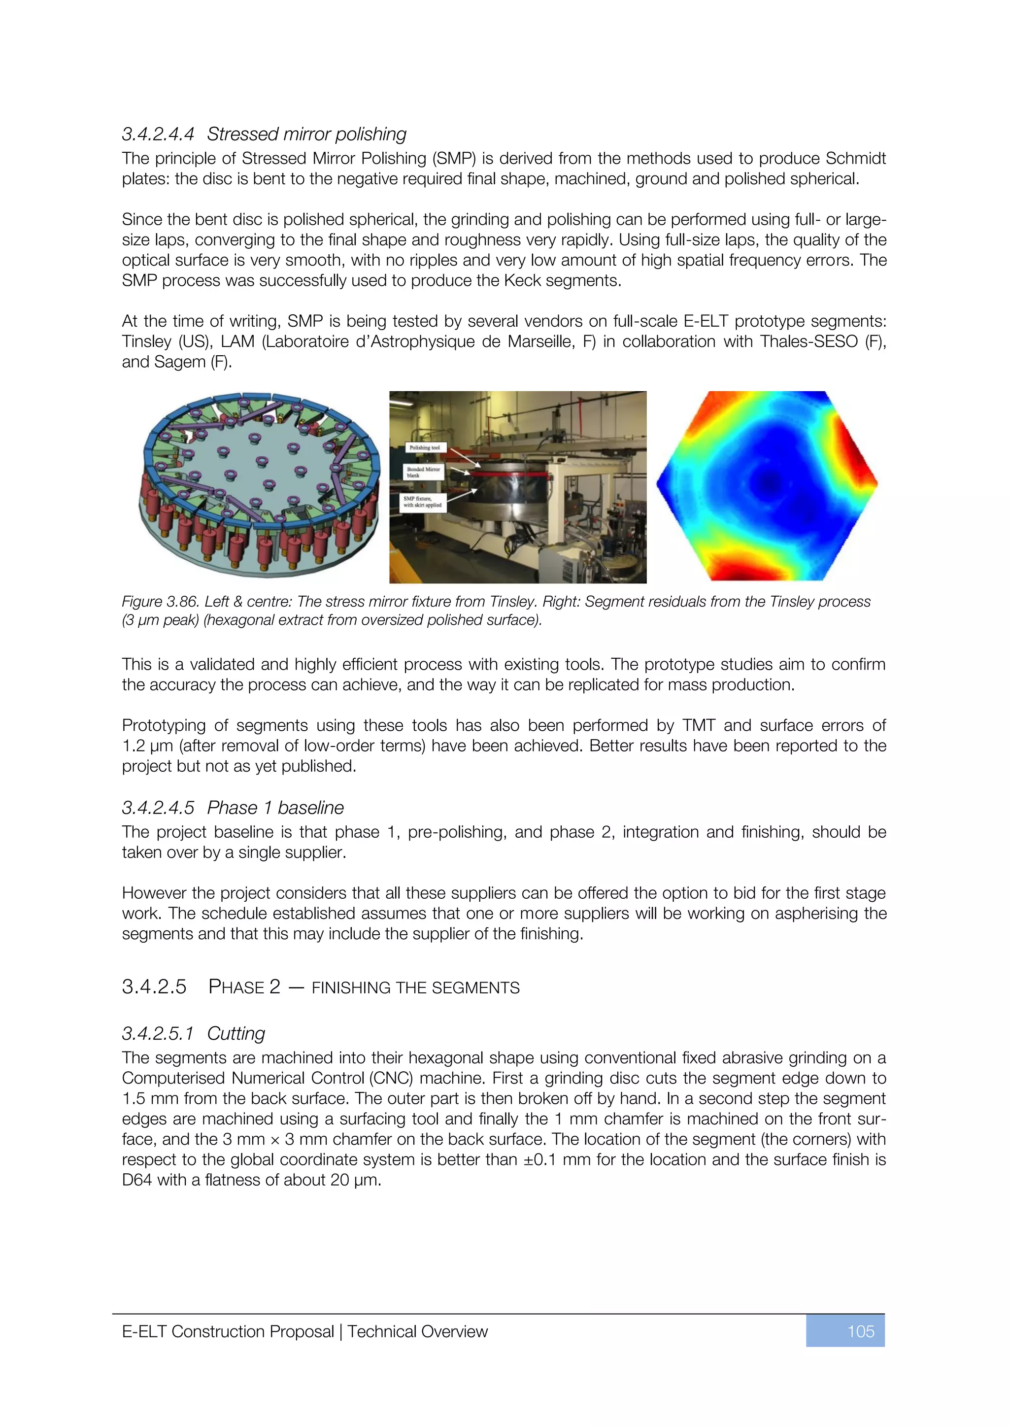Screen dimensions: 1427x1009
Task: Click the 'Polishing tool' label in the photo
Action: point(424,447)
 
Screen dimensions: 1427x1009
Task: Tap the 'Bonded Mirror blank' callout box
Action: point(423,472)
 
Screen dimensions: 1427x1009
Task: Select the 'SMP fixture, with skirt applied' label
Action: point(423,502)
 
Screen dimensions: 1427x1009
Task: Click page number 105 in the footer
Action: point(861,1331)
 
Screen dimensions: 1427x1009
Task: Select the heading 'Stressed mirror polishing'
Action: point(306,134)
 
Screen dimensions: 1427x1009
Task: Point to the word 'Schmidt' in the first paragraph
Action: point(856,159)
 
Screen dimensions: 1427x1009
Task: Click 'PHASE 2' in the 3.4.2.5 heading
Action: point(244,987)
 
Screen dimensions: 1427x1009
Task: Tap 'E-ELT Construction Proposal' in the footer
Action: point(228,1331)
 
